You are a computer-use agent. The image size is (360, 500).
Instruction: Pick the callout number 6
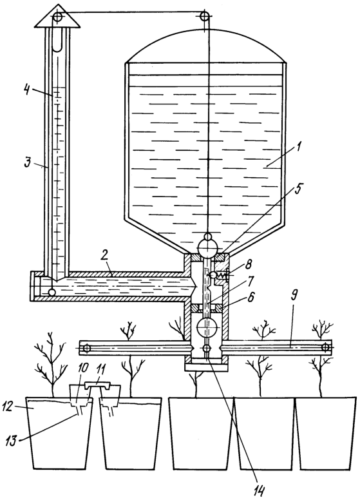tap(251, 298)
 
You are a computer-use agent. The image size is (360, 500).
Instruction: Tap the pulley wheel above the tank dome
tap(205, 15)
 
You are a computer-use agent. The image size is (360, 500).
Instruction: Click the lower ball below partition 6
tap(207, 327)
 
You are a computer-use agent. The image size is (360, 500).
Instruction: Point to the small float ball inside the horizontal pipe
tap(52, 291)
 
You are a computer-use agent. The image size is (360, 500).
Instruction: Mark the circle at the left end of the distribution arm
tap(86, 348)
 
